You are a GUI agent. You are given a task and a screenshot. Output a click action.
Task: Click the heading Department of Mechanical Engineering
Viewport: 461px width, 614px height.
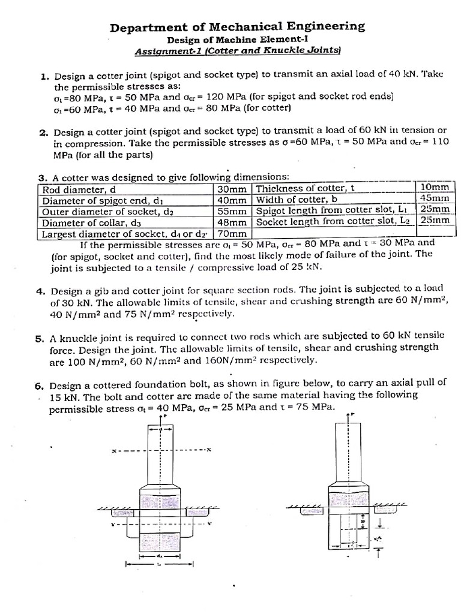pos(237,26)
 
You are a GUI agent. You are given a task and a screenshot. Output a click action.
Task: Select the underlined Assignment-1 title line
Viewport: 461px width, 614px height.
pos(238,52)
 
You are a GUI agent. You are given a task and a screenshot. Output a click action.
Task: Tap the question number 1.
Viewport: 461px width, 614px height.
pos(44,77)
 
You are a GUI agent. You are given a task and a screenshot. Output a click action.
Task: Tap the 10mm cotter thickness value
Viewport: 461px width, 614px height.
pos(435,188)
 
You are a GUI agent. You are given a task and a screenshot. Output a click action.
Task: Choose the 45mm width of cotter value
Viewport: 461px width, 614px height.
pos(435,198)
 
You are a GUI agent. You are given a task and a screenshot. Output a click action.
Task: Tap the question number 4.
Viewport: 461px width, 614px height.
pos(41,292)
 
